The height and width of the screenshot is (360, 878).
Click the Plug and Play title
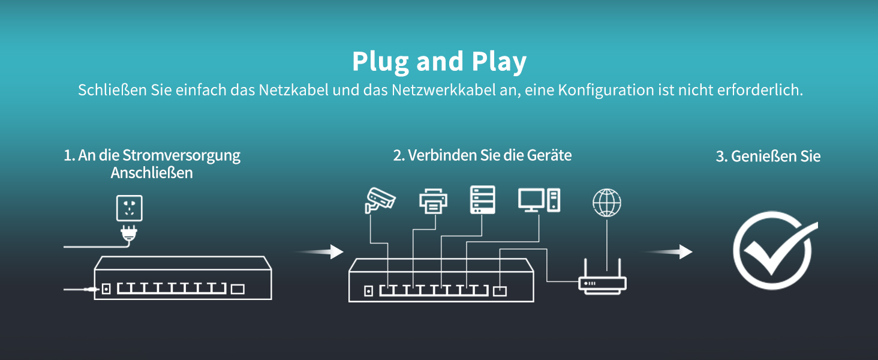pos(439,61)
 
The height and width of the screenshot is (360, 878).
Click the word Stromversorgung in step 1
pos(181,155)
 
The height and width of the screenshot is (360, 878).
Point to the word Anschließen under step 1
pos(152,173)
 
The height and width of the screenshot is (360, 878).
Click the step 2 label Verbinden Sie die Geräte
pos(482,155)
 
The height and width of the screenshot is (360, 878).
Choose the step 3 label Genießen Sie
pos(768,157)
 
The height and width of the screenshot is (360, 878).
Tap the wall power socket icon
pos(129,208)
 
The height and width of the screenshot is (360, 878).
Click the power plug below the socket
pos(128,233)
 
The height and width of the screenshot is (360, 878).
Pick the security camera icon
pos(380,200)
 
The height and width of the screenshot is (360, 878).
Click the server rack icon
pos(483,200)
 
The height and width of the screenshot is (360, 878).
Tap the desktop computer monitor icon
pos(531,199)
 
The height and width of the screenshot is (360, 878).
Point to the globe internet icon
pos(606,203)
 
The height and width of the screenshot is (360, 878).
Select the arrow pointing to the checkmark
pos(668,252)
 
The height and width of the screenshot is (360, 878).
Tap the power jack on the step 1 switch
pos(106,289)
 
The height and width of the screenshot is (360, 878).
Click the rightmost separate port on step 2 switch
pos(500,291)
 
